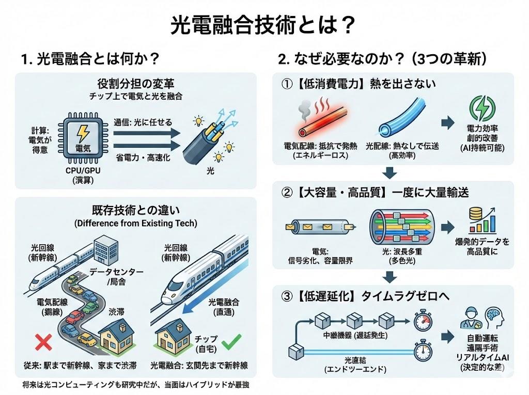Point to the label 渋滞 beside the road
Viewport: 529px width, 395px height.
(117, 312)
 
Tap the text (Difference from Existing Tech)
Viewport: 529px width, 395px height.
(136, 224)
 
